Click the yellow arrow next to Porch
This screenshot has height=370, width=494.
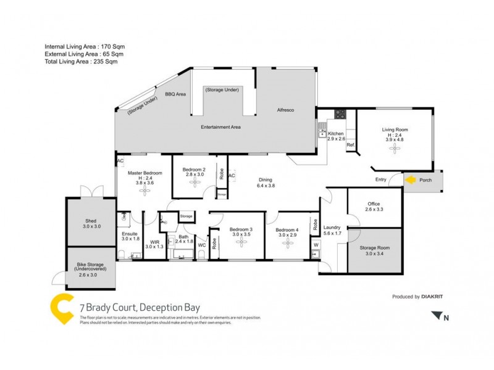tap(410, 180)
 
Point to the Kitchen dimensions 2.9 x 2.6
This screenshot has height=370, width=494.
tap(337, 139)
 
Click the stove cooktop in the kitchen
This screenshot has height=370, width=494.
tap(340, 113)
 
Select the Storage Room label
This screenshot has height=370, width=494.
tap(374, 247)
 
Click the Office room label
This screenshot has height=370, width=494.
tap(374, 204)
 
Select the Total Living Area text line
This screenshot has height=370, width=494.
tap(80, 62)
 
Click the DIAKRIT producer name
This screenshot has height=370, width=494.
tap(432, 297)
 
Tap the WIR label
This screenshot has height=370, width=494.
tap(154, 242)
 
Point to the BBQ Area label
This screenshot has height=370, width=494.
tap(175, 94)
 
